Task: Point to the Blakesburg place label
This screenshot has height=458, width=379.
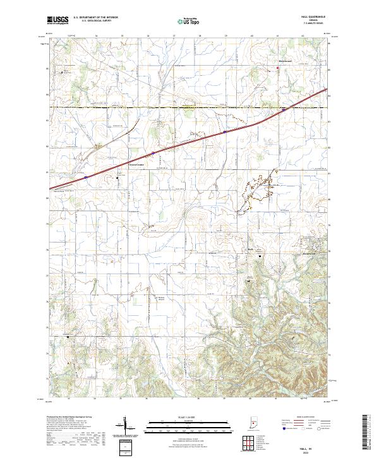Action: pyautogui.click(x=285, y=61)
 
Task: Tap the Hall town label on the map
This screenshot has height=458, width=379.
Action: pyautogui.click(x=251, y=250)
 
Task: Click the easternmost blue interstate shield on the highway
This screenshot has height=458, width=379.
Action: pyautogui.click(x=284, y=109)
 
